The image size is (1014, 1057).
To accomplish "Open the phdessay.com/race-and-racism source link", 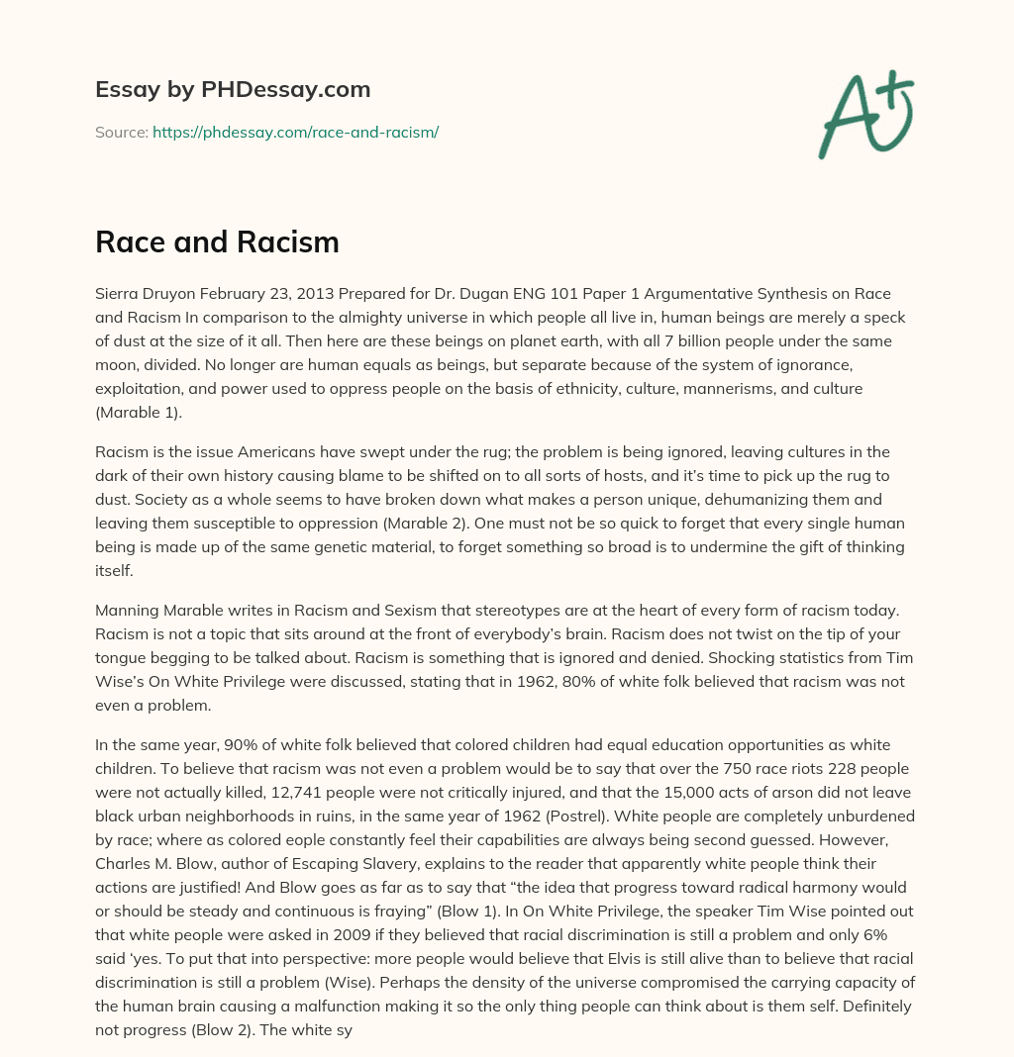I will pyautogui.click(x=295, y=132).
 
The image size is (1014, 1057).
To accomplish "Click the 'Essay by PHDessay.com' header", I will pyautogui.click(x=233, y=89).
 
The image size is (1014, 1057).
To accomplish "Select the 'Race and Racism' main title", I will pyautogui.click(x=217, y=240).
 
